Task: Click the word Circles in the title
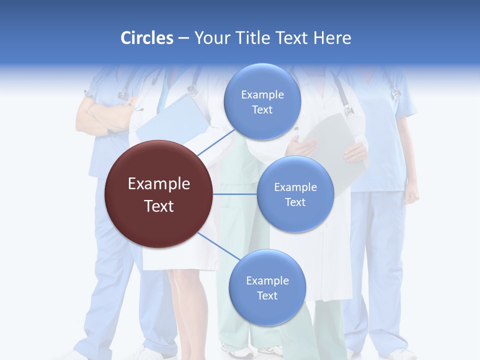[146, 38]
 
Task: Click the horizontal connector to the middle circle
[234, 194]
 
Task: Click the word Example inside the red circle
[158, 184]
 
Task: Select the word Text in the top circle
[262, 110]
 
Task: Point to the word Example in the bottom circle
[267, 280]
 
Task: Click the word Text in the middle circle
[295, 202]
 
